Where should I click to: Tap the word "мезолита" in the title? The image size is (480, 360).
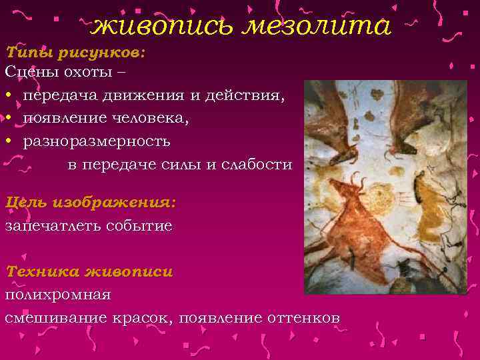(x=313, y=27)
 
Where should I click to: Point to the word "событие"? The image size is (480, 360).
(x=140, y=225)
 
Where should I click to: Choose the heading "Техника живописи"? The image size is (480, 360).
(x=89, y=271)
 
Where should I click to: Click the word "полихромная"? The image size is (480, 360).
(x=58, y=294)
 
